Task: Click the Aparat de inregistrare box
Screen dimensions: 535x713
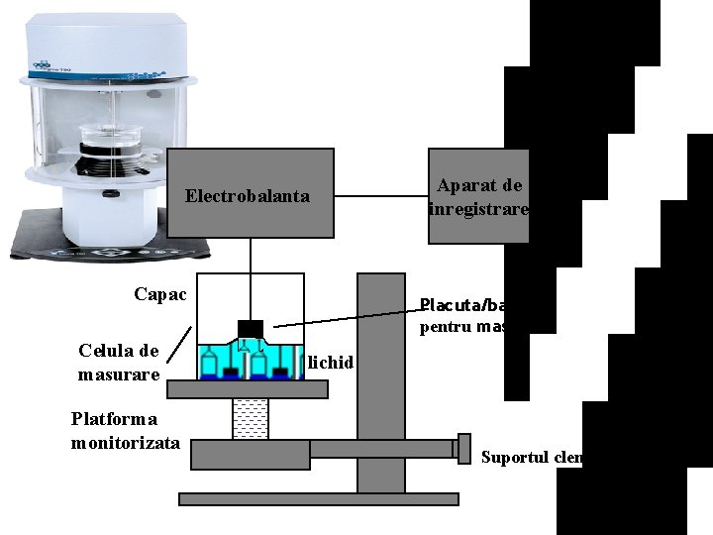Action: click(x=477, y=196)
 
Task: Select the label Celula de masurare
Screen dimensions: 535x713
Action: click(x=118, y=363)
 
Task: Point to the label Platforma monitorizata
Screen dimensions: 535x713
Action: click(x=125, y=430)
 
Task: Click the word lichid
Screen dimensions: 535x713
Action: click(x=330, y=362)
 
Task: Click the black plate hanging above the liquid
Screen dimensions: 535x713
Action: click(x=251, y=328)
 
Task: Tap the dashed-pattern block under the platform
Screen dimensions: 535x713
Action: click(x=250, y=419)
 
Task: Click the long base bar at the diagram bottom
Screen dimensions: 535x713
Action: click(x=317, y=498)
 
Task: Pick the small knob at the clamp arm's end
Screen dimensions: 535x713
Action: click(x=462, y=448)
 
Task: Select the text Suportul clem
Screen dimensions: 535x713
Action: click(x=532, y=458)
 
